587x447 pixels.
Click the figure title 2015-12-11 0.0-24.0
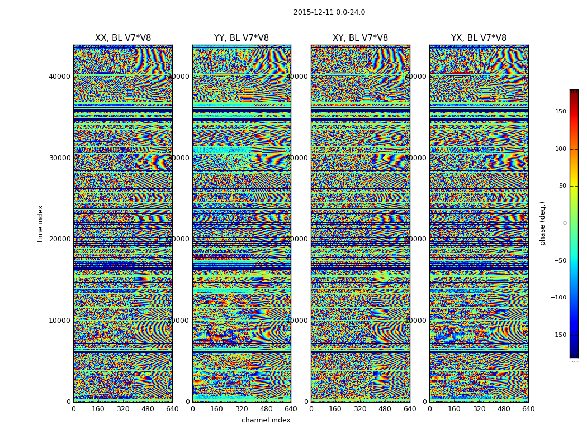(x=329, y=12)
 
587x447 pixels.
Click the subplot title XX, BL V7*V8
(x=123, y=38)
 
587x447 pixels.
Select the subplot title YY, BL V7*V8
(x=242, y=38)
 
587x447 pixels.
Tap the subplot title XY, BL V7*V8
(x=360, y=38)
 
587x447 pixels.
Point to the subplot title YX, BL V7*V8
(x=479, y=38)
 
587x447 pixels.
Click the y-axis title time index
(x=40, y=223)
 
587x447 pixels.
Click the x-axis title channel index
(x=266, y=420)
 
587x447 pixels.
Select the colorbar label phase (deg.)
(x=542, y=223)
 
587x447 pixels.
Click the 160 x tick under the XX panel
(x=98, y=408)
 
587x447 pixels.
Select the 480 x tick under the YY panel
(x=266, y=408)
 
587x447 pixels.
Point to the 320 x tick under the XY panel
(x=360, y=408)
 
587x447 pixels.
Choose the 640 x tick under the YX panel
(x=528, y=408)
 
